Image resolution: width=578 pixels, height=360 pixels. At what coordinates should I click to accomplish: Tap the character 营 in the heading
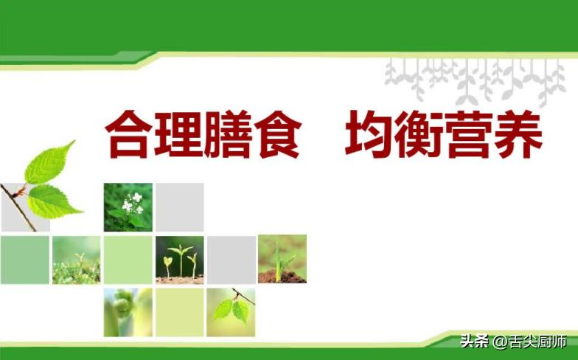click(x=469, y=134)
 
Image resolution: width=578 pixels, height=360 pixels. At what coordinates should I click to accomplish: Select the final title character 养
click(x=518, y=134)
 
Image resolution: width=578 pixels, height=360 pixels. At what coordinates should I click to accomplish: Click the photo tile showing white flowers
click(x=128, y=207)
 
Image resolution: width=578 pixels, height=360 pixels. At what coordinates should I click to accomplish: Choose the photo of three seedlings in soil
click(x=179, y=260)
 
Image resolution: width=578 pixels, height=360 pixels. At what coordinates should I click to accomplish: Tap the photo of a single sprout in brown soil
click(x=282, y=259)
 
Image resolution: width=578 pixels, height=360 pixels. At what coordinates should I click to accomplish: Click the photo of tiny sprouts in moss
click(x=76, y=260)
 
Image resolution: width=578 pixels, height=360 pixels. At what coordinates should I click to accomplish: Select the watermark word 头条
click(x=474, y=342)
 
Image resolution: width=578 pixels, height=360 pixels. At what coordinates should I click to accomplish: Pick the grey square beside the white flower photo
click(x=179, y=207)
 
